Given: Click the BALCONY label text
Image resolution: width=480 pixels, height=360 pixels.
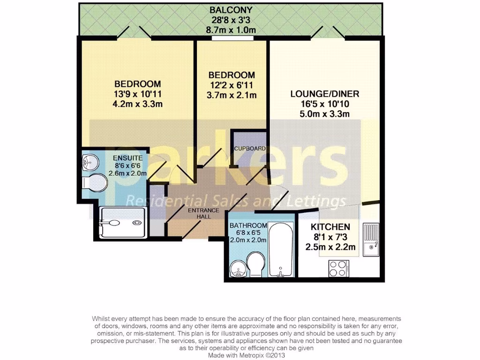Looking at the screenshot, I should pyautogui.click(x=231, y=10).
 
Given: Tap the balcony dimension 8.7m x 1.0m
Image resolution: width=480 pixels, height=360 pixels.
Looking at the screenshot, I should pyautogui.click(x=231, y=30).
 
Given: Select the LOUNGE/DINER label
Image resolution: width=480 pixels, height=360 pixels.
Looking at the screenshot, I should pyautogui.click(x=324, y=94).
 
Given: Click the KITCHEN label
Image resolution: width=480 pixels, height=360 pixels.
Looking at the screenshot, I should pyautogui.click(x=330, y=226).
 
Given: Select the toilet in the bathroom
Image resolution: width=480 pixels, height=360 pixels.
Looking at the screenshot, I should pyautogui.click(x=255, y=262).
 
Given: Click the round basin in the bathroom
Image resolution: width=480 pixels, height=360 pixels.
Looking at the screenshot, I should pyautogui.click(x=239, y=269).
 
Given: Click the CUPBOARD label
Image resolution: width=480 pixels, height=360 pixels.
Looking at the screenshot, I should pyautogui.click(x=250, y=149).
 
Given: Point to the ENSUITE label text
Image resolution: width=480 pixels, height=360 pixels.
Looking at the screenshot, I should pyautogui.click(x=127, y=157).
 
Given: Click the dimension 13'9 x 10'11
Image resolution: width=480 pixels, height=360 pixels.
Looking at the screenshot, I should pyautogui.click(x=138, y=94).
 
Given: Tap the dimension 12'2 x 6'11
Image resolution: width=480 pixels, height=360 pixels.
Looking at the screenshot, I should pyautogui.click(x=232, y=85).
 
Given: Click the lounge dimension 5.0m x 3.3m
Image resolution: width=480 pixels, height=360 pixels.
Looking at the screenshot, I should pyautogui.click(x=324, y=114).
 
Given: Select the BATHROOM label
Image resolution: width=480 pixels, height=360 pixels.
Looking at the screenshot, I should pyautogui.click(x=248, y=225).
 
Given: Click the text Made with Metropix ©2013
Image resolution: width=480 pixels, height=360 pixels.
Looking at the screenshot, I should pyautogui.click(x=246, y=355).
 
